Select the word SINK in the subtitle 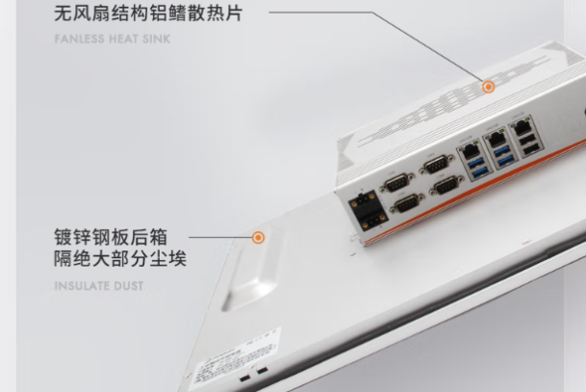158,40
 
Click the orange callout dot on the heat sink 489,87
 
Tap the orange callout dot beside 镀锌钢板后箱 258,237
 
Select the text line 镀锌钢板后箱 110,237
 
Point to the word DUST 130,286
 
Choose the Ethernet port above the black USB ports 523,126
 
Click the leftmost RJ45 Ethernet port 471,150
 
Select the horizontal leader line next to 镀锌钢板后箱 218,237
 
